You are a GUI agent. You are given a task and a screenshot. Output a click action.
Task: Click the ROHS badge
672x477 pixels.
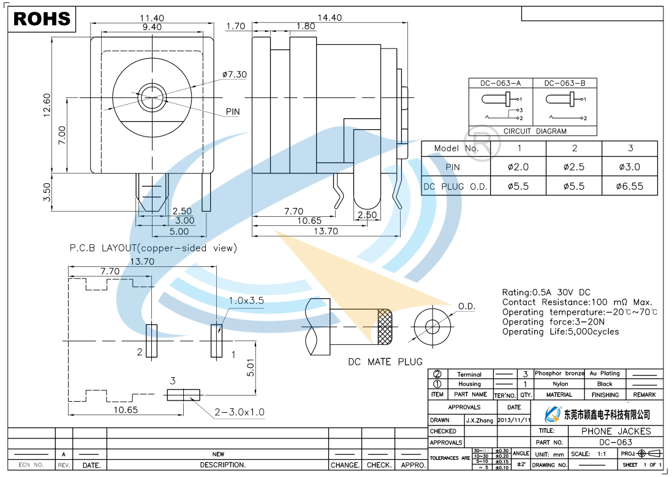[42, 19]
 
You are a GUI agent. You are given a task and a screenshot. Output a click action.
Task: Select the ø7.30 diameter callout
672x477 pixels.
[234, 75]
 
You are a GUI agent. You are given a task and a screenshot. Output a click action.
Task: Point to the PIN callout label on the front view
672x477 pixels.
[233, 112]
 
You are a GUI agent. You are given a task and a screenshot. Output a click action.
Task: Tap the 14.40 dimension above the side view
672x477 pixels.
[330, 18]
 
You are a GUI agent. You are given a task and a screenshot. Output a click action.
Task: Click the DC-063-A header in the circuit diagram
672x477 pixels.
[501, 83]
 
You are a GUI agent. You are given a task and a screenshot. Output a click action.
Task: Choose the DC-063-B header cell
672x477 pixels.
[564, 83]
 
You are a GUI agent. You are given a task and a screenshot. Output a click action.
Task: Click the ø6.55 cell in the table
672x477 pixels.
[630, 186]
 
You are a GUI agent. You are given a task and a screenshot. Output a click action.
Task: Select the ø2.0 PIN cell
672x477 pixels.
[518, 167]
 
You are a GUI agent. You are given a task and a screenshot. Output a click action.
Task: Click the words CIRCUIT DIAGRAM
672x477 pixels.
[535, 131]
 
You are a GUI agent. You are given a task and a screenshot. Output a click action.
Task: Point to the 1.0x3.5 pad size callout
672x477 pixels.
[246, 301]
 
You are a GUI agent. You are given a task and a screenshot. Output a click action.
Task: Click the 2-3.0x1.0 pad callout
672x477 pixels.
[240, 412]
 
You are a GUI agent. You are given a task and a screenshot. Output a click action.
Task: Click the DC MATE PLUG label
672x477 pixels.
[385, 362]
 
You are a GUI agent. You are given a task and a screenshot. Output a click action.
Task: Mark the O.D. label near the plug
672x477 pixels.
[467, 306]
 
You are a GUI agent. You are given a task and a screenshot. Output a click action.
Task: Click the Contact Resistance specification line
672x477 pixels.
[577, 302]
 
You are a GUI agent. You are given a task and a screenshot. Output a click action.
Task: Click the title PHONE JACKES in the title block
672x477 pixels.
[608, 431]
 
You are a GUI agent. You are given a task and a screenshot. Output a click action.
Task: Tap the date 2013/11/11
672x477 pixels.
[514, 420]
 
